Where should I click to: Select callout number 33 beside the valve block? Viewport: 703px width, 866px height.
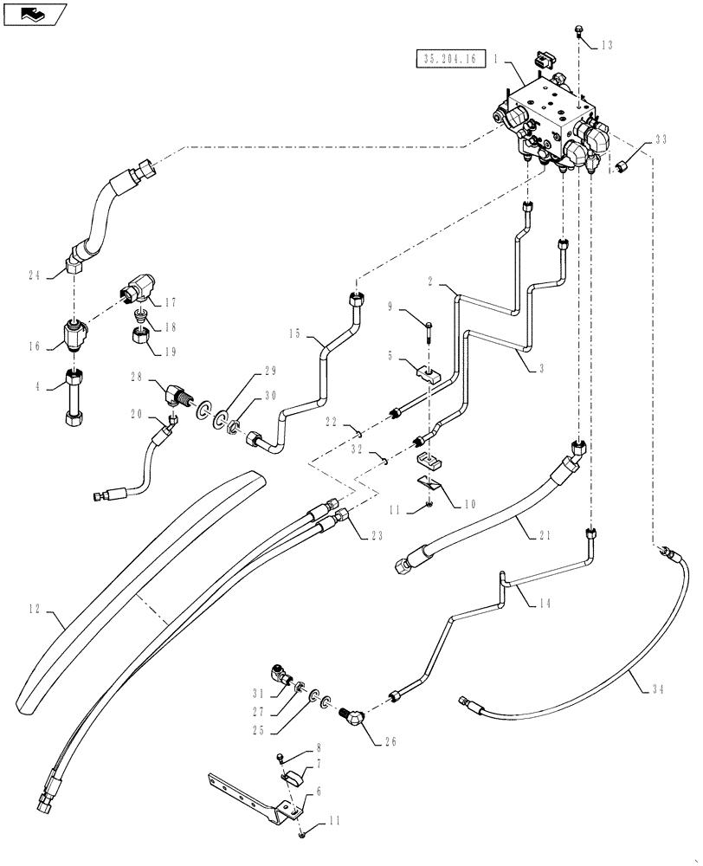(661, 139)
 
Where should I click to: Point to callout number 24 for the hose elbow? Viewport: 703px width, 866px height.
(35, 275)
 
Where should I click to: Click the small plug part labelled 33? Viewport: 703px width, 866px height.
(624, 163)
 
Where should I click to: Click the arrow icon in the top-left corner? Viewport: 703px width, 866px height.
(34, 14)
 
